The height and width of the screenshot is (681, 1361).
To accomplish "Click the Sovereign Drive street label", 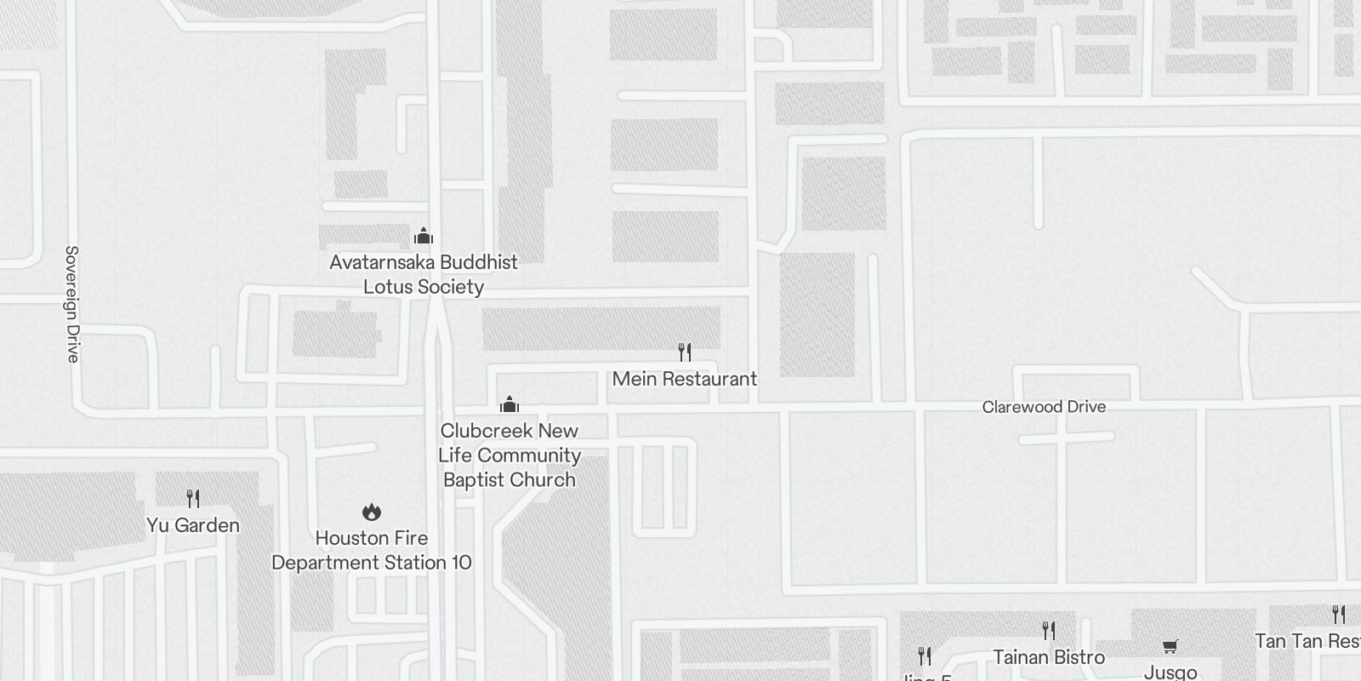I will click(72, 304).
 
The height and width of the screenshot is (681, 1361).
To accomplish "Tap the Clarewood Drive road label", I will click(1044, 407).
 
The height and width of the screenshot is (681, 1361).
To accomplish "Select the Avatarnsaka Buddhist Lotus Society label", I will click(424, 274).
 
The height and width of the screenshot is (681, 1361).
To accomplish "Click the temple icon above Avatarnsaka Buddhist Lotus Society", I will click(424, 236).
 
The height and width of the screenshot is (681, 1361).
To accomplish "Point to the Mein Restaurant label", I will click(685, 379).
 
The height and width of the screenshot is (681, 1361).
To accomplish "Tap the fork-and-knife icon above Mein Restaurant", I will click(685, 352).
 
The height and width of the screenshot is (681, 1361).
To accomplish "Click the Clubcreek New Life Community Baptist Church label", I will click(510, 455).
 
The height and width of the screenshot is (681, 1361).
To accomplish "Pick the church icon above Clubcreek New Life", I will click(510, 403).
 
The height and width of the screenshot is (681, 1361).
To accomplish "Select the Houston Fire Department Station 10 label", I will click(372, 550).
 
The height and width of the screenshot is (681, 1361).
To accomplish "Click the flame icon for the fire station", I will click(372, 512).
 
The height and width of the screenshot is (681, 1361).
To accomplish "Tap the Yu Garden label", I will click(193, 525).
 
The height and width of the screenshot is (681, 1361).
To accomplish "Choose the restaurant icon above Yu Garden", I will click(193, 498).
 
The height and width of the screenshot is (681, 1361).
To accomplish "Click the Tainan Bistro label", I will click(1049, 657).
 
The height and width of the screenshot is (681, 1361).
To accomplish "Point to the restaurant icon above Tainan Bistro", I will click(1049, 630).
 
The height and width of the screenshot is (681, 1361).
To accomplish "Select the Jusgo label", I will click(1170, 672).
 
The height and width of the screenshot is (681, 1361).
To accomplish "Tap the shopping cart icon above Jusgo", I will click(1170, 646).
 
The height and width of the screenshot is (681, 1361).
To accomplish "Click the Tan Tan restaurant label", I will click(1307, 641).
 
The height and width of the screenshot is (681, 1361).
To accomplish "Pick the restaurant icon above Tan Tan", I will click(1339, 614).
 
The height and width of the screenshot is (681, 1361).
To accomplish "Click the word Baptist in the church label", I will click(472, 480).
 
